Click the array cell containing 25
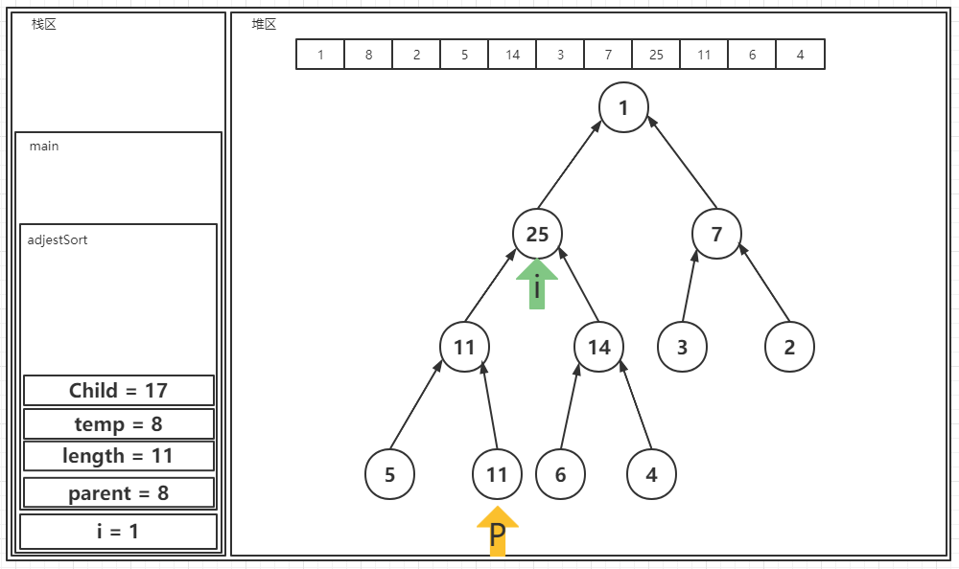656,55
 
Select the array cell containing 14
512,55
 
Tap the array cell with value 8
368,55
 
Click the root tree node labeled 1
623,107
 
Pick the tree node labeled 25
537,234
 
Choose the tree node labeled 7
716,234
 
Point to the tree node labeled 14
599,347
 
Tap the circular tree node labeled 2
789,347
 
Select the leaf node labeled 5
389,474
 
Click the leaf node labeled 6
560,474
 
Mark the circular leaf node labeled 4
651,474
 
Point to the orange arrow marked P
497,532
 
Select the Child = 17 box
118,391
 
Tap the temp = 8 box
118,423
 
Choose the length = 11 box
118,456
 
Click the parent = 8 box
118,493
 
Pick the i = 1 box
118,531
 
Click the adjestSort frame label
58,239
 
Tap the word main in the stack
44,147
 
